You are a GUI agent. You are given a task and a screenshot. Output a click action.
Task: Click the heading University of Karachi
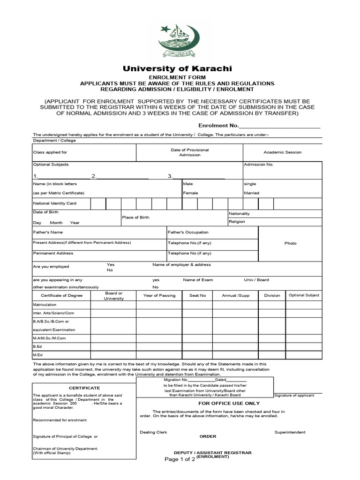(177, 68)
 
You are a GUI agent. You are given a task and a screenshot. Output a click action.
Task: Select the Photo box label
(290, 243)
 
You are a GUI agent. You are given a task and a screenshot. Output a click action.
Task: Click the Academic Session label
(282, 152)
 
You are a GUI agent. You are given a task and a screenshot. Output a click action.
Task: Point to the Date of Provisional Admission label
(189, 152)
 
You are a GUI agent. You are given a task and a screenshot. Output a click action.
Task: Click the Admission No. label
(258, 165)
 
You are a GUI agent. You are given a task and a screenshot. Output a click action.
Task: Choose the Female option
(190, 193)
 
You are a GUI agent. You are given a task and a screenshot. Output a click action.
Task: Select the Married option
(251, 193)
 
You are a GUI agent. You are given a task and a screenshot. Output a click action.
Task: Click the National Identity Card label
(54, 203)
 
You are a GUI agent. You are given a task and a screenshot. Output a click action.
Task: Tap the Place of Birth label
(135, 217)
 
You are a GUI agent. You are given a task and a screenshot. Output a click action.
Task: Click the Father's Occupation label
(188, 232)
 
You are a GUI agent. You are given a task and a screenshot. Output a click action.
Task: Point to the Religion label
(237, 222)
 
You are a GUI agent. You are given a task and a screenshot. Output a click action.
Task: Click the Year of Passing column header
(159, 295)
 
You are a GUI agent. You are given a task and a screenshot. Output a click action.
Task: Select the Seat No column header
(197, 295)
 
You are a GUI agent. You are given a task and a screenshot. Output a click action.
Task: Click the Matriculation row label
(45, 305)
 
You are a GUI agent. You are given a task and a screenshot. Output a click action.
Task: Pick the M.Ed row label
(37, 355)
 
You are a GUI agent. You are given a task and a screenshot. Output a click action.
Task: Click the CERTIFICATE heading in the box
(84, 388)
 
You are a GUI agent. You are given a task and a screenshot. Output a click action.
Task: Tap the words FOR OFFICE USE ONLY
(229, 403)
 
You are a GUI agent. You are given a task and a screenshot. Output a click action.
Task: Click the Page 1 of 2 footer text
(180, 459)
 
